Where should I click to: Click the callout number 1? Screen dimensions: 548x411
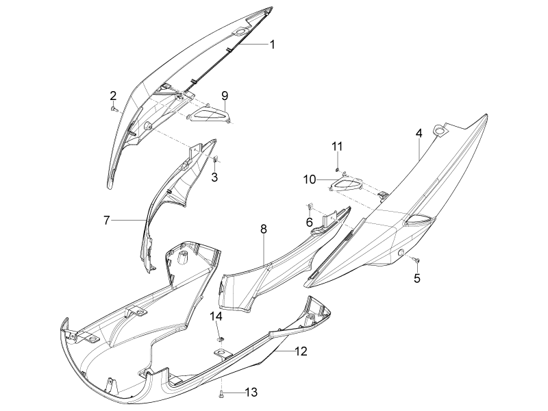point(272,45)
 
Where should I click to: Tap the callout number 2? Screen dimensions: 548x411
point(113,96)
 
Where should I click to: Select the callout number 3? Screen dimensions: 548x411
point(214,177)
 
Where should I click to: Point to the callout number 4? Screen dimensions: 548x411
point(419,133)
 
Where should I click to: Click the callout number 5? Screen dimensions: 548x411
point(417,278)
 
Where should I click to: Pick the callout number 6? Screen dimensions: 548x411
point(310,221)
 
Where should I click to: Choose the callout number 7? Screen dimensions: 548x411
point(107,220)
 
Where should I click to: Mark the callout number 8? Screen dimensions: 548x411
point(264,229)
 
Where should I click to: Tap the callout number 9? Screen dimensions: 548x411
point(225,95)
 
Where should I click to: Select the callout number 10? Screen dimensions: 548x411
point(310,179)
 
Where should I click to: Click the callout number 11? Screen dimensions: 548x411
point(337,146)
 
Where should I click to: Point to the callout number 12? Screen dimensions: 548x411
point(301,351)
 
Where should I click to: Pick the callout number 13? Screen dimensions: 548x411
point(251,392)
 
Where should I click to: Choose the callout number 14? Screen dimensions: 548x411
point(216,316)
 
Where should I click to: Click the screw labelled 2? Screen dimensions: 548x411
point(113,110)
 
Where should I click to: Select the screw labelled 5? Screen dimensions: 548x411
point(416,260)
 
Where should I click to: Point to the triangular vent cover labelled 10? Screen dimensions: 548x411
point(346,184)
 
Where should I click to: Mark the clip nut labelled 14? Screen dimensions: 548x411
point(220,338)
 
